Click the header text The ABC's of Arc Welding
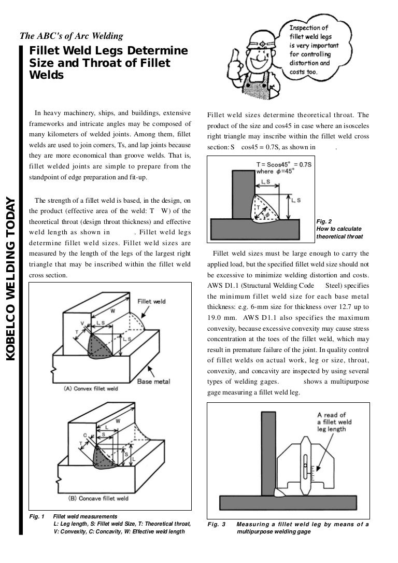[x=71, y=36]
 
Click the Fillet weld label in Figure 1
[x=151, y=301]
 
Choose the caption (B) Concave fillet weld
[x=98, y=498]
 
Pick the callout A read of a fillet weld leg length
[x=334, y=421]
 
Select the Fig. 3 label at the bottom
[x=217, y=524]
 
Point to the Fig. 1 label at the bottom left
[x=38, y=516]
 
